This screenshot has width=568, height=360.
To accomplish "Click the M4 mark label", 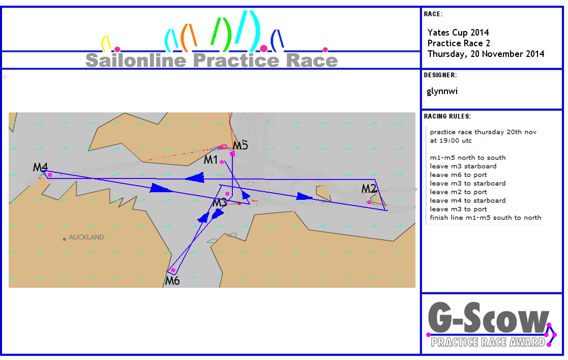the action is point(40,167).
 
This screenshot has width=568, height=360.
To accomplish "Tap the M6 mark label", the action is point(172,281).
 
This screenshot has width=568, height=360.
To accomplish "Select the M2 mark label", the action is point(369,188).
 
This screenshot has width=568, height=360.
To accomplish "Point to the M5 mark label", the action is point(240,145).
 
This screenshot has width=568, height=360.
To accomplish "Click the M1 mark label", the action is point(211,159).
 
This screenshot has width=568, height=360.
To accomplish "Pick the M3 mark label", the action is point(220,202).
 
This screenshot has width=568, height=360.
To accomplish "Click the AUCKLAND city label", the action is point(86,237).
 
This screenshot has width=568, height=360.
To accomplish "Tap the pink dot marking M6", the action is point(173,270).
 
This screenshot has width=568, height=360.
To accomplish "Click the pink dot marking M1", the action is point(222,162).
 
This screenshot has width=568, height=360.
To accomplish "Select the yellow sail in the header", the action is point(106,43).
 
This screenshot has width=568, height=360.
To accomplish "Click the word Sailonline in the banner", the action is point(136,60).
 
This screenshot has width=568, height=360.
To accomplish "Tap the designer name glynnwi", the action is point(442,91).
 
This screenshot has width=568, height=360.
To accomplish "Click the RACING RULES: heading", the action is point(447,116).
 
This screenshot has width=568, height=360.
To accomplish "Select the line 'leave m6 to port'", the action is point(458,175).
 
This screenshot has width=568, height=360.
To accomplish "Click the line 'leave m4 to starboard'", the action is point(468,201).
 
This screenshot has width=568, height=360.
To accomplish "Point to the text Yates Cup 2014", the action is point(458,33).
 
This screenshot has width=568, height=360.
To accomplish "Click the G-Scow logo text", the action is point(488,318).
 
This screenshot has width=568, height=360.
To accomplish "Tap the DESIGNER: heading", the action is point(440,75).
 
